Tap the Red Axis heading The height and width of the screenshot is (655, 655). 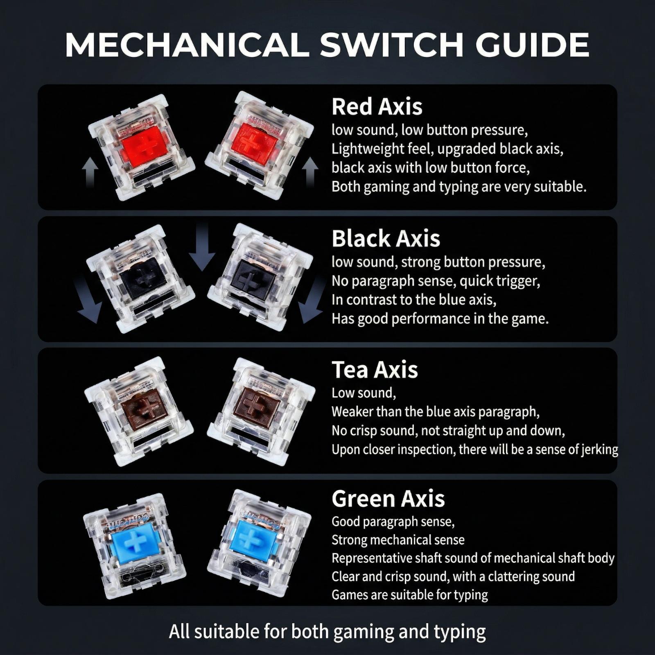(x=377, y=106)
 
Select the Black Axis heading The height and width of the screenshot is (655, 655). (x=386, y=238)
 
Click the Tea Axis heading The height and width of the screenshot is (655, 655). (x=375, y=370)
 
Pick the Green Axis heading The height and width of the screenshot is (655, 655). (x=388, y=499)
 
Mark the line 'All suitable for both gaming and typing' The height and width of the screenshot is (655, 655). (x=327, y=632)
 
